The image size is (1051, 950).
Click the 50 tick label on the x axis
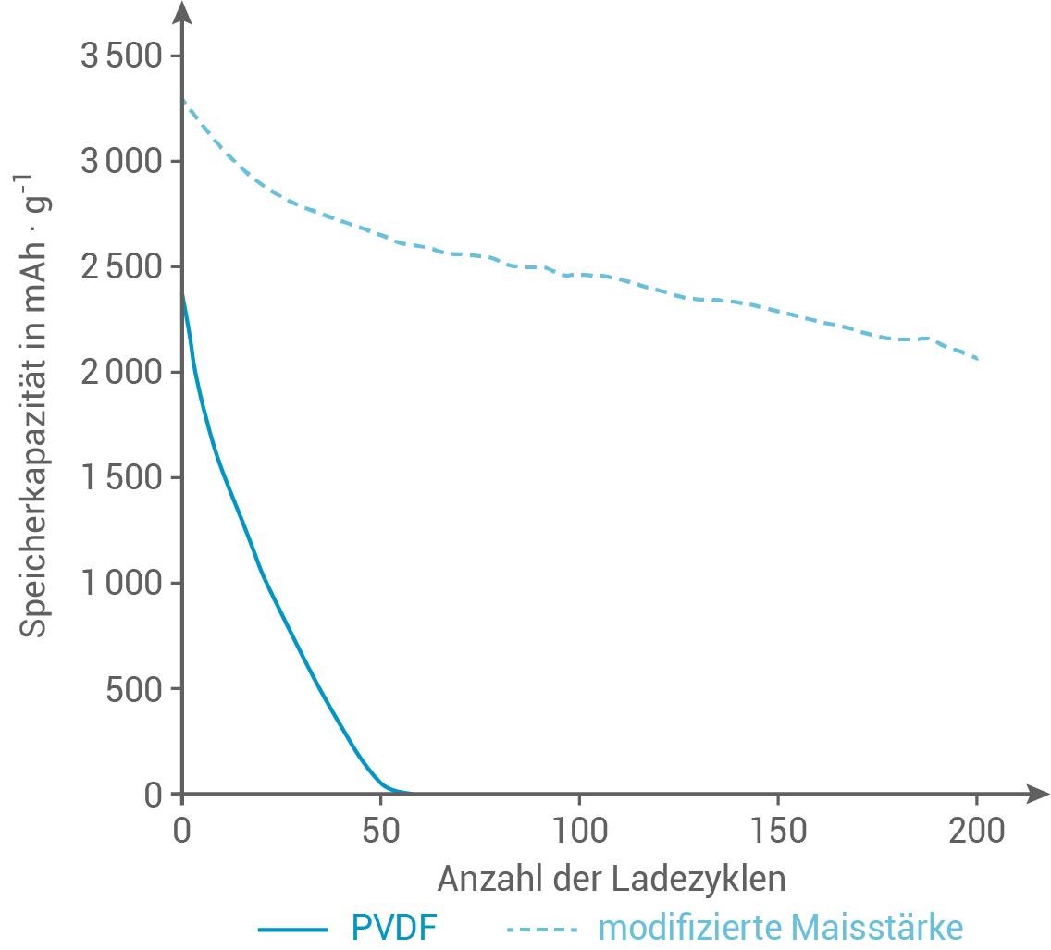[380, 832]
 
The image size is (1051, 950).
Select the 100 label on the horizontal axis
[579, 832]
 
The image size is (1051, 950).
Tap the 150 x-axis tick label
[778, 832]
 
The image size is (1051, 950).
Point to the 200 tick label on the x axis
[977, 832]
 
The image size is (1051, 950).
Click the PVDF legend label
[393, 927]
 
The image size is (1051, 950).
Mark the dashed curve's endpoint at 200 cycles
[978, 359]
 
